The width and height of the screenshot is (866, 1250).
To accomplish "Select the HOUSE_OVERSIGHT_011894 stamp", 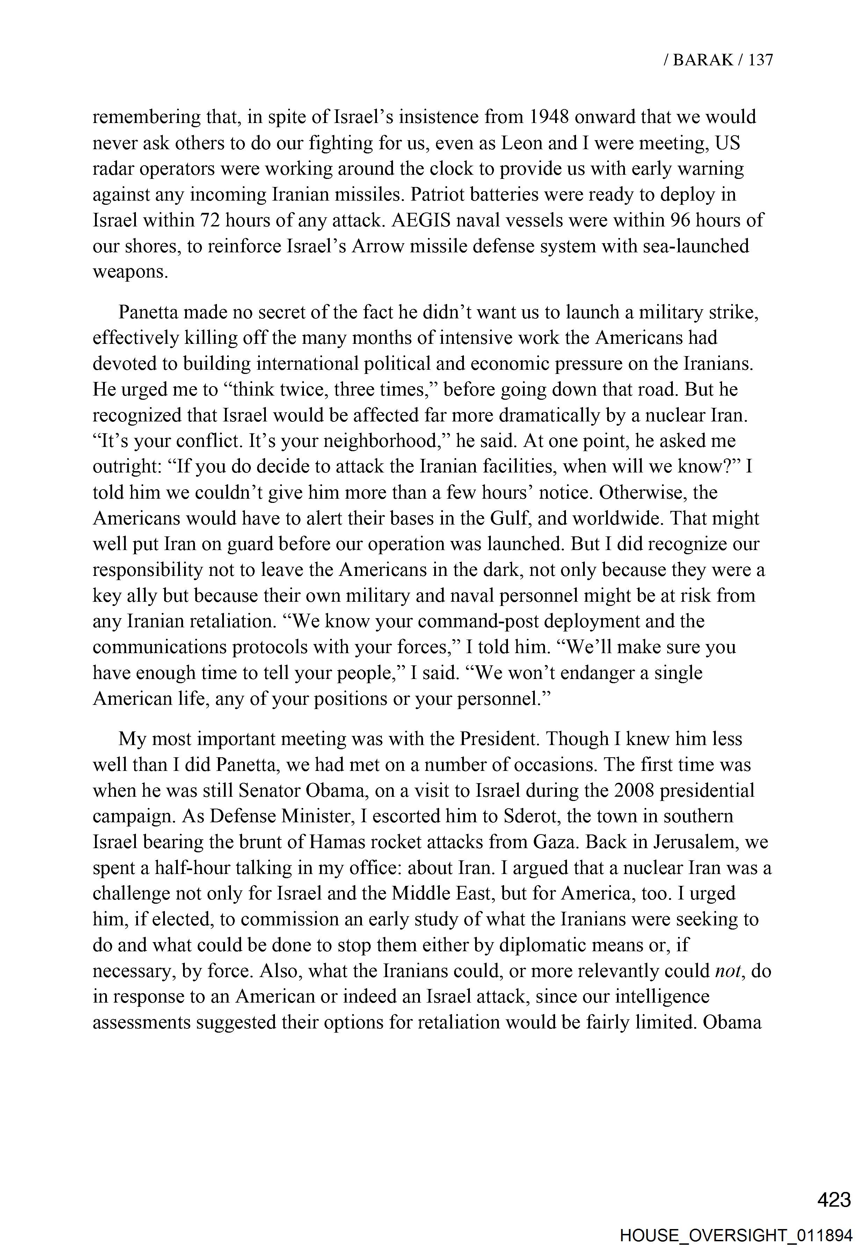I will coord(736,1231).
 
